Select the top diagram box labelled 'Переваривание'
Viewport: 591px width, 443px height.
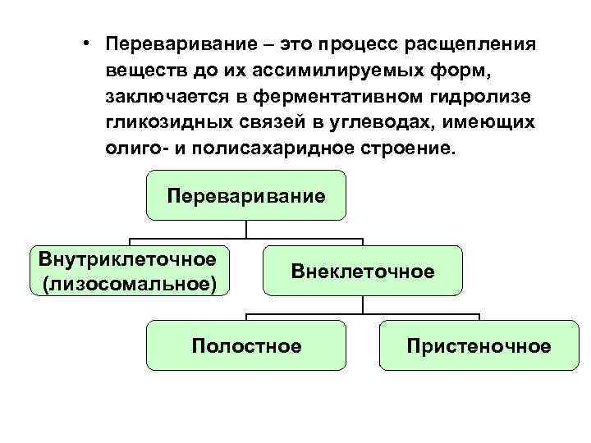tap(246, 195)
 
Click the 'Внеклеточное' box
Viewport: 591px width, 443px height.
tap(362, 270)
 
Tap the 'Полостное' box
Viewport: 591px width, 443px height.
tap(246, 345)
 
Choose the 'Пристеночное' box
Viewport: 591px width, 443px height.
tap(479, 345)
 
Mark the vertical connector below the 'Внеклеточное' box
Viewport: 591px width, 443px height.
tap(362, 304)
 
